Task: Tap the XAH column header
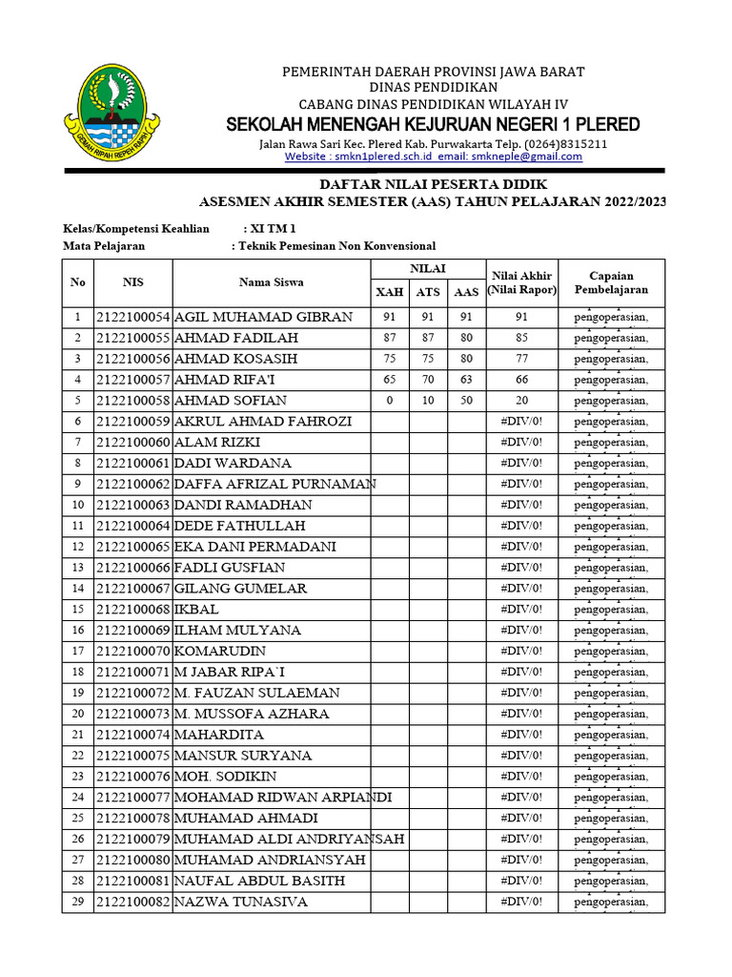389,292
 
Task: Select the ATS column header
428,292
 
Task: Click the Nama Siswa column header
272,281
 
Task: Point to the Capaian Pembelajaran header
611,281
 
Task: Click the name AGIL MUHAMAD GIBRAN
263,317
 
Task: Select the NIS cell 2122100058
132,401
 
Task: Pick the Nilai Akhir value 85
520,338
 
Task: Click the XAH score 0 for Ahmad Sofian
389,401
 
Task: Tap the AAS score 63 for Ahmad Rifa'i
465,380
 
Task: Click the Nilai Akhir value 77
520,359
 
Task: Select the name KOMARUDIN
221,652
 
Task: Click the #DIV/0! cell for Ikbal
520,610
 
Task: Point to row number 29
78,902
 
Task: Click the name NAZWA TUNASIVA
241,902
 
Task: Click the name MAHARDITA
219,735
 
